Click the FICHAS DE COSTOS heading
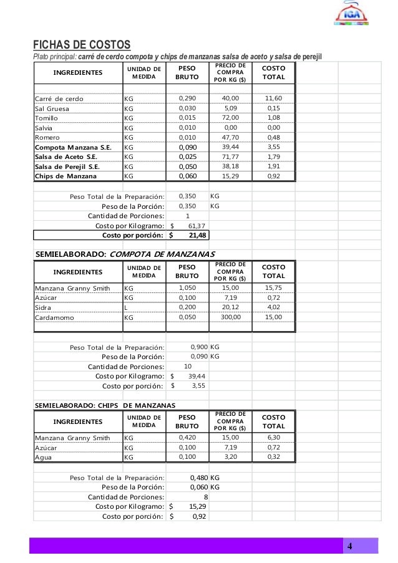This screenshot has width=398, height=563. pos(82,45)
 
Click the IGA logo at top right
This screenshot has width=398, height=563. pos(352,15)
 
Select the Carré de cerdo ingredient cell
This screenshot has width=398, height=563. pos(59,99)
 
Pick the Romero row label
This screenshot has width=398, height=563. pos(47,137)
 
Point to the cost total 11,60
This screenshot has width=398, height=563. pos(273,99)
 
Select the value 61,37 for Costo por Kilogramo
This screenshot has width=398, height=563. pos(197,225)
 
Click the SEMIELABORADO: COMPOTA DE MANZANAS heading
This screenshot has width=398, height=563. pos(125,254)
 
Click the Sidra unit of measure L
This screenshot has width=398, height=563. pos(126,307)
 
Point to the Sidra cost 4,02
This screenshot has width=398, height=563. pos(273,307)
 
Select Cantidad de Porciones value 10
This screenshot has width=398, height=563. pos(188,366)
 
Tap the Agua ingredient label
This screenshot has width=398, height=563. pos(44,456)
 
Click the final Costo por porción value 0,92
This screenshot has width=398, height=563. pos(199,516)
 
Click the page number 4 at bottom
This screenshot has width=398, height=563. pos(350,547)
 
